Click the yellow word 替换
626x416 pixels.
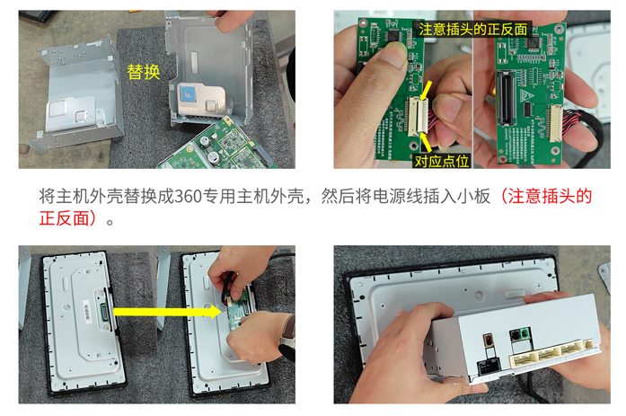tap(144, 72)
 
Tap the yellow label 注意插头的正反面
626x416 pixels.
tap(473, 29)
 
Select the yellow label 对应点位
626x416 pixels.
tap(442, 161)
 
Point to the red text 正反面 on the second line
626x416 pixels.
tap(64, 218)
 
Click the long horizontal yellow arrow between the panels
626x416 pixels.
tap(167, 312)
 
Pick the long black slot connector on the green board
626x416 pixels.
tap(505, 97)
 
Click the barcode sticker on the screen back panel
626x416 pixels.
tap(86, 310)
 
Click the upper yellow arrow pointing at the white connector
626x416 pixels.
tap(426, 90)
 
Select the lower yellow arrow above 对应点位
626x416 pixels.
tap(426, 142)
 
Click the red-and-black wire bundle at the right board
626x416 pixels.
tap(580, 119)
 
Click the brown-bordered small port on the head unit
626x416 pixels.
tap(487, 341)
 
